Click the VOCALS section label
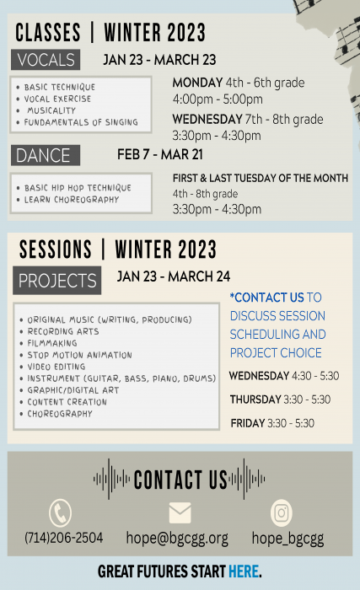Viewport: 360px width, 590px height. [x=46, y=60]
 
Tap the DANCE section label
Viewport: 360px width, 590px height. [x=46, y=155]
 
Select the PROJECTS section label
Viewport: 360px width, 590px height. [x=57, y=281]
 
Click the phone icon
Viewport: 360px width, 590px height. [x=60, y=512]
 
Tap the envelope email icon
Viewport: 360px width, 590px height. [x=180, y=512]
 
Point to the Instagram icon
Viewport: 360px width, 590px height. [x=282, y=512]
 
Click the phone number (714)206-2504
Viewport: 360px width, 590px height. [x=63, y=538]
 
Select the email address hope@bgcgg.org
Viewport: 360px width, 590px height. [x=177, y=539]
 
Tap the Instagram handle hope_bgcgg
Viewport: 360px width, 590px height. [x=287, y=539]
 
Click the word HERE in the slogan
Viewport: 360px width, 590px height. [x=244, y=571]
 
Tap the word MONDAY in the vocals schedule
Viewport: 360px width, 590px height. [x=197, y=83]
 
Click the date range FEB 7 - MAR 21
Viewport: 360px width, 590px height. [x=160, y=154]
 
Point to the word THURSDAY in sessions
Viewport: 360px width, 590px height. [x=255, y=400]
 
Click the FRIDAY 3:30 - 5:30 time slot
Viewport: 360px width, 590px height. [x=272, y=423]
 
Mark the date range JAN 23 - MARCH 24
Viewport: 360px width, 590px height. [x=174, y=276]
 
